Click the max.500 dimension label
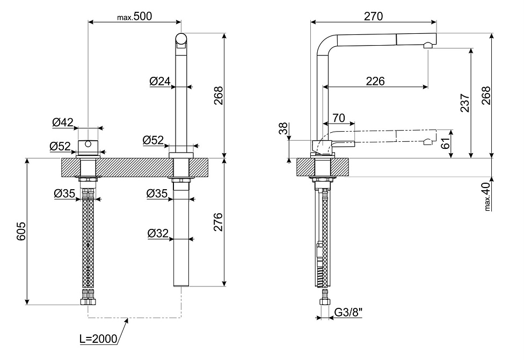[134, 17]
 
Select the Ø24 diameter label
[160, 81]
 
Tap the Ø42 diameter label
[63, 123]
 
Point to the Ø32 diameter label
[158, 233]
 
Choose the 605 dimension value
[21, 232]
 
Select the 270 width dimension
[373, 17]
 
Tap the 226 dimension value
[375, 81]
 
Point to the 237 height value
[465, 103]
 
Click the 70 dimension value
[338, 118]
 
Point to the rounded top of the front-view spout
[182, 39]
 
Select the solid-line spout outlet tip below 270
[428, 46]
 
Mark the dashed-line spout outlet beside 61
[428, 142]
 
